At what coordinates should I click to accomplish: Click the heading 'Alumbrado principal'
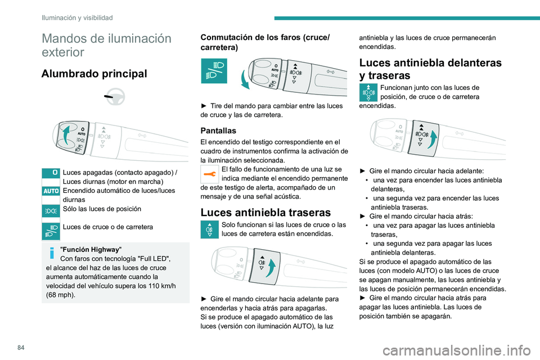pyautogui.click(x=94, y=74)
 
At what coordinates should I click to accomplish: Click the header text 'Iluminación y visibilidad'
pyautogui.click(x=77, y=18)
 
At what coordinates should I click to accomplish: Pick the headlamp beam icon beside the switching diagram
pyautogui.click(x=214, y=70)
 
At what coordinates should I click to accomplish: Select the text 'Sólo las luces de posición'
pyautogui.click(x=102, y=209)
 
